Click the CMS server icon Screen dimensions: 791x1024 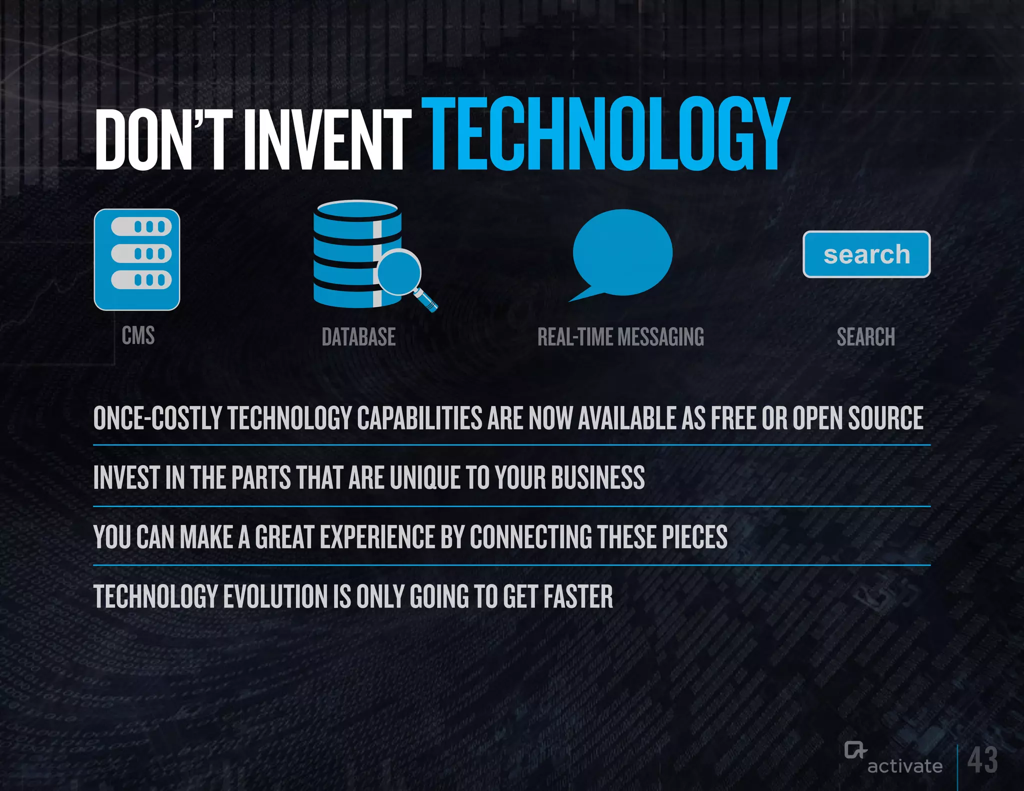tap(137, 259)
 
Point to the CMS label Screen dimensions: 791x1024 tap(138, 335)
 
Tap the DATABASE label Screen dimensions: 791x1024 tap(358, 337)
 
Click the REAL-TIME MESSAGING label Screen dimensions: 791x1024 tap(620, 337)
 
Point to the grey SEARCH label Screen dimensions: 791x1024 tap(866, 337)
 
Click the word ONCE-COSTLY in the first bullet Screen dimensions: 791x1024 tap(157, 418)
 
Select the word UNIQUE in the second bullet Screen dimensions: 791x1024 tap(425, 477)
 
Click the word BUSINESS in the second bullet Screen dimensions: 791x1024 tap(598, 477)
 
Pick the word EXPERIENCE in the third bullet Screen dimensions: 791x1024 tap(377, 537)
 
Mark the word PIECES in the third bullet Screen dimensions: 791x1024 tap(694, 537)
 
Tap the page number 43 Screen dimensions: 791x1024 tap(982, 760)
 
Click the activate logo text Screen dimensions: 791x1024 tap(904, 766)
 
